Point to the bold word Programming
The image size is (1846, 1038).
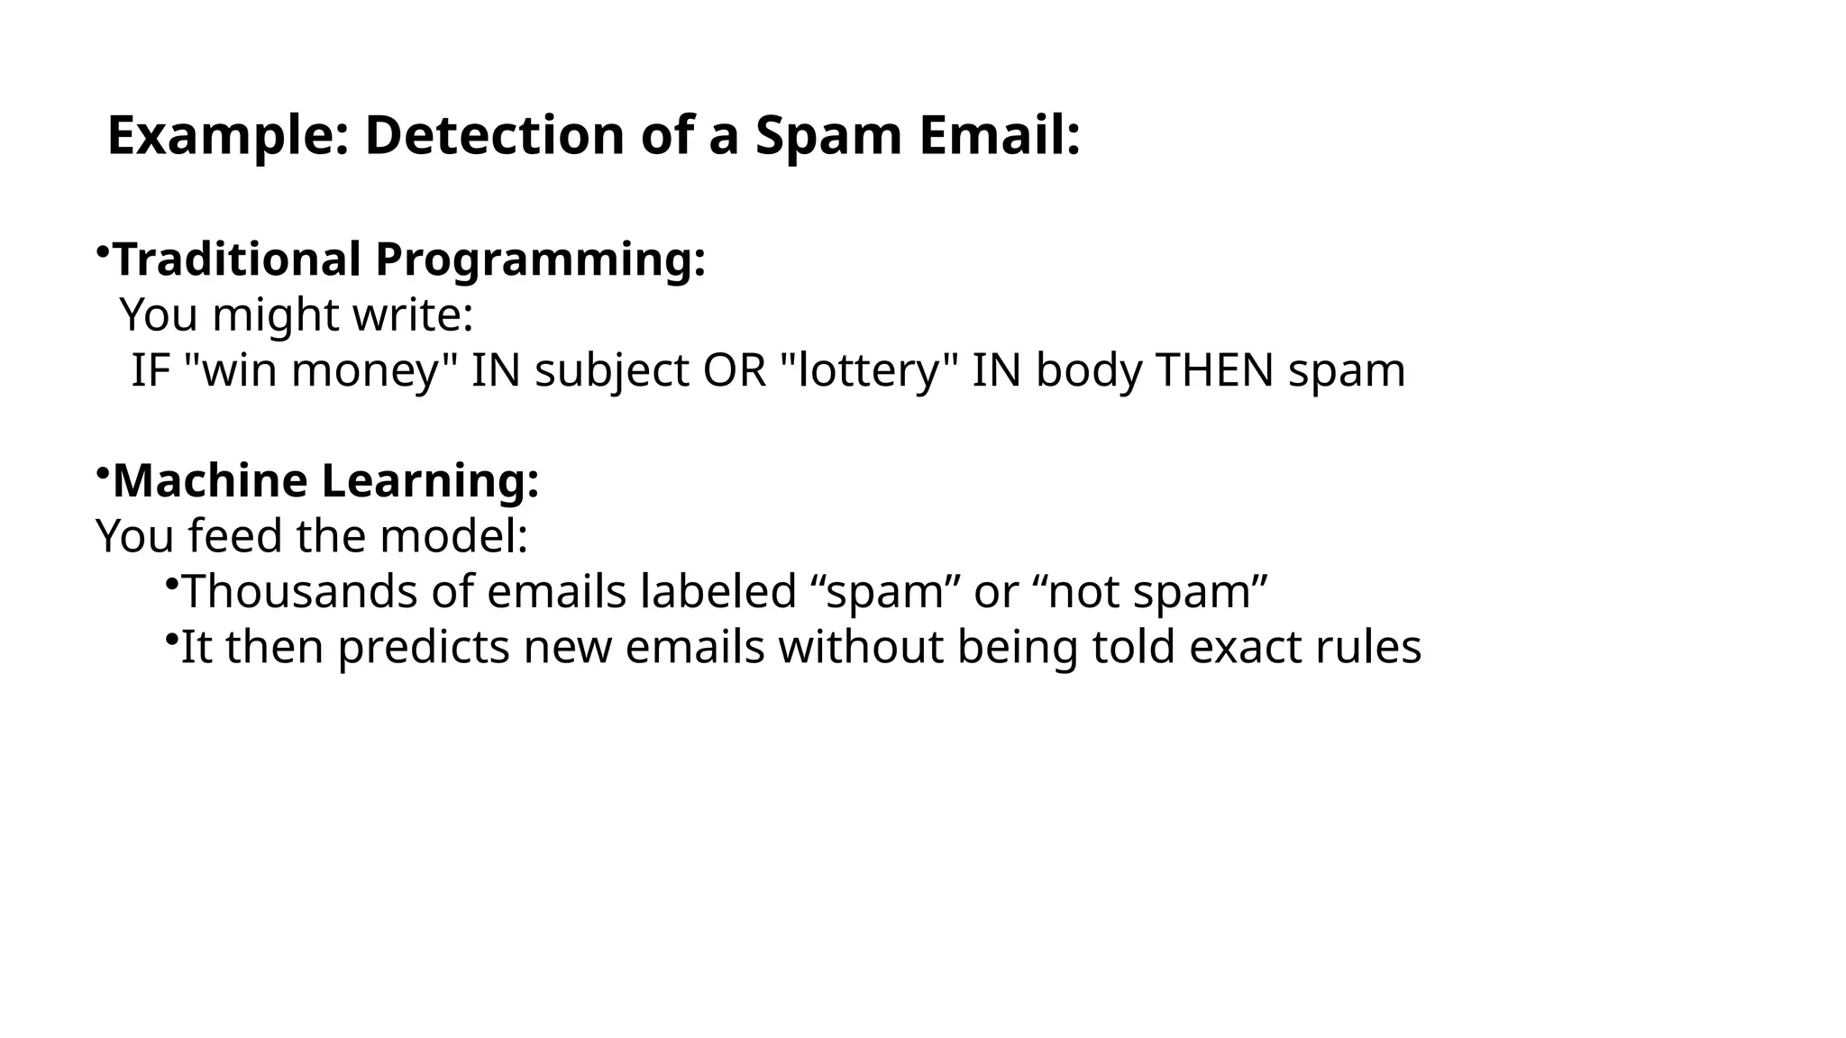(540, 261)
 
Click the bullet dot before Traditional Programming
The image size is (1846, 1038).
(103, 250)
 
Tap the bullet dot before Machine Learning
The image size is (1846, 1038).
(103, 471)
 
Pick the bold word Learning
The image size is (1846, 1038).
(431, 482)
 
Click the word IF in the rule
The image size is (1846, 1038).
(151, 370)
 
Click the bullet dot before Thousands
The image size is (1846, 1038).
(171, 584)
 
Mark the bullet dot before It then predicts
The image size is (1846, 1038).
(171, 639)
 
